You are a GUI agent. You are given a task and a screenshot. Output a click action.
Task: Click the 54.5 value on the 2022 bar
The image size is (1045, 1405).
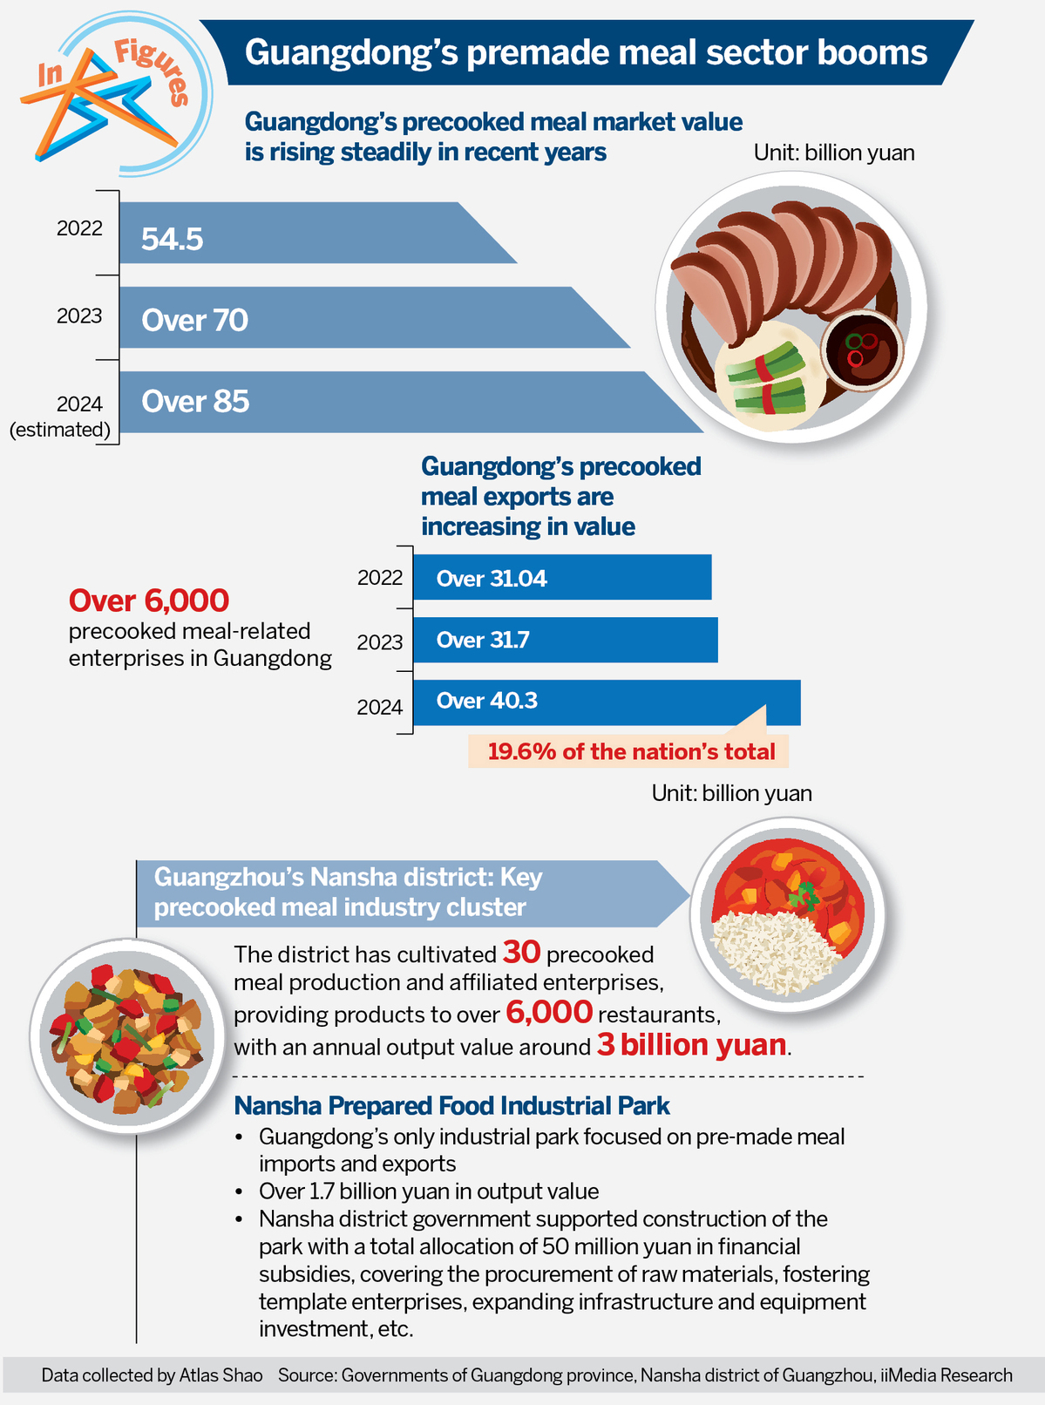[x=173, y=239]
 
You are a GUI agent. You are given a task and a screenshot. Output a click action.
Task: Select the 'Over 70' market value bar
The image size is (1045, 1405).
[x=349, y=319]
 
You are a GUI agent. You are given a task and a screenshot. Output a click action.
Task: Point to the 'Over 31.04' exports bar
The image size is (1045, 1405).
[x=562, y=578]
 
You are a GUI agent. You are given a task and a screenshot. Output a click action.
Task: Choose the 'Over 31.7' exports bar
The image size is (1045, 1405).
[x=565, y=640]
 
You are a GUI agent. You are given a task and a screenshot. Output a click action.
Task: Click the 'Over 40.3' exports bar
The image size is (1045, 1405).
[x=606, y=702]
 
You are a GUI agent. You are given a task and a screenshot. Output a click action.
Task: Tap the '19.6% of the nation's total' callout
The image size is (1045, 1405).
[x=630, y=751]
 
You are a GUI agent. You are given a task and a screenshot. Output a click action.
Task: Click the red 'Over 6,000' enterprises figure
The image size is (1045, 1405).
[x=149, y=601]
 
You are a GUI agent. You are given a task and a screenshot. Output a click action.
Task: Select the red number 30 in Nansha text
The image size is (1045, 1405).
[x=521, y=952]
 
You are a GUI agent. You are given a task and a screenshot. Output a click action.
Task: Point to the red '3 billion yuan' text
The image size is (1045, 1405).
[x=692, y=1044]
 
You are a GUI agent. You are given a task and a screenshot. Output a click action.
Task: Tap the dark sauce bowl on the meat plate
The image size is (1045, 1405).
[x=862, y=350]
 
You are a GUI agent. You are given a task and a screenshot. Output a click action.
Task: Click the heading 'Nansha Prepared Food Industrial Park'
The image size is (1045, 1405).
[x=451, y=1106]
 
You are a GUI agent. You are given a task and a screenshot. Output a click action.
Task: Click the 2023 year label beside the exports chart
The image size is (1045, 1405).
[x=380, y=642]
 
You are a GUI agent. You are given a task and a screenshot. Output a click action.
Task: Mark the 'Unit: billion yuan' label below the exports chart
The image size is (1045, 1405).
[x=731, y=793]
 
